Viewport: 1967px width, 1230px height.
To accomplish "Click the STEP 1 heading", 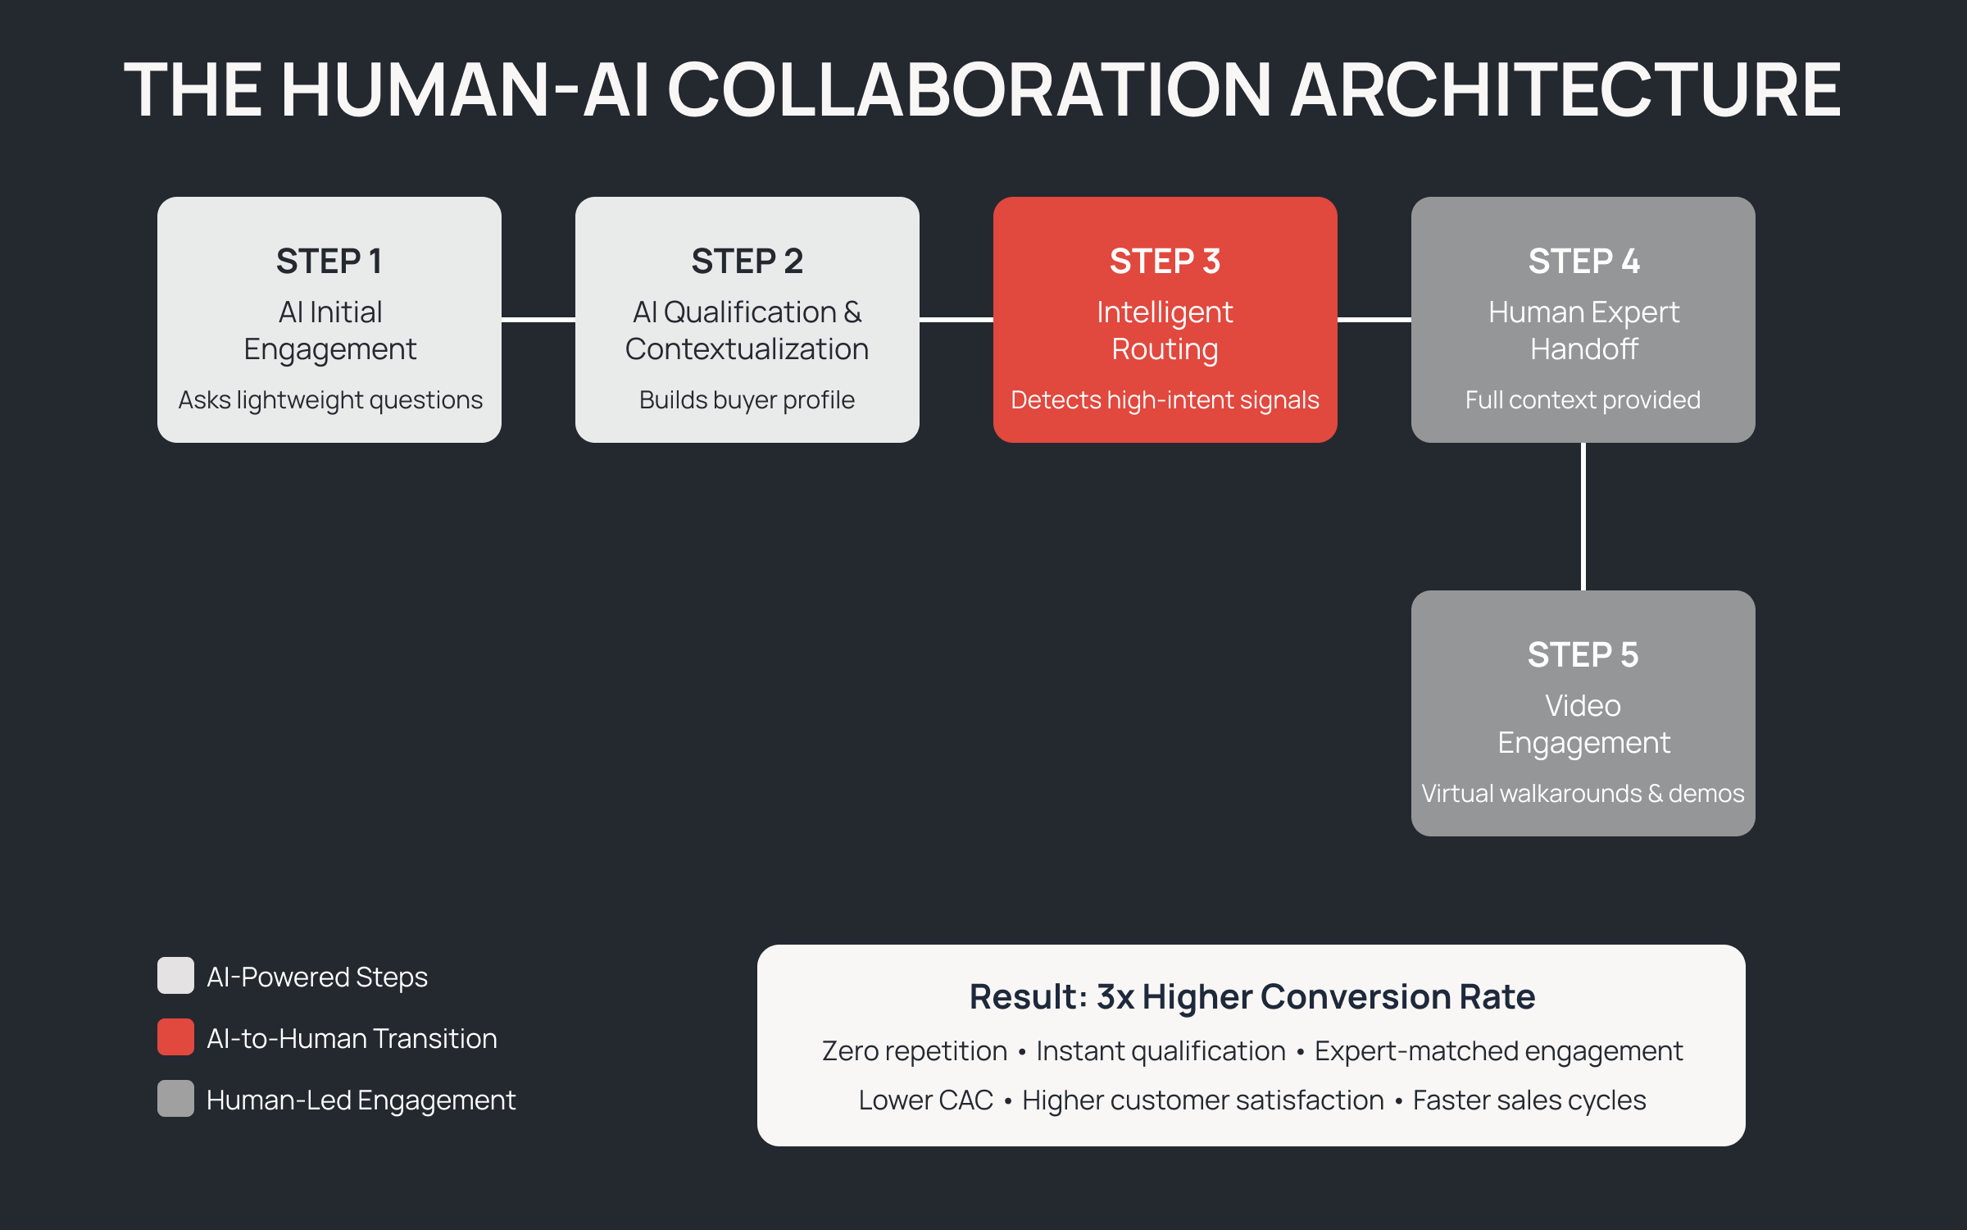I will pos(329,262).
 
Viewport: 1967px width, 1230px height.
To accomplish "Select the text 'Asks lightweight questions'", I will pos(329,400).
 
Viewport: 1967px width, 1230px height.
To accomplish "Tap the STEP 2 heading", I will pos(747,262).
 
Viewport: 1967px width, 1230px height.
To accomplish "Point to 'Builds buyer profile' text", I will pos(747,400).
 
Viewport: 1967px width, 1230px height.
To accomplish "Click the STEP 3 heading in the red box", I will pos(1165,262).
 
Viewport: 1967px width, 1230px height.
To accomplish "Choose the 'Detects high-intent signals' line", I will pos(1165,400).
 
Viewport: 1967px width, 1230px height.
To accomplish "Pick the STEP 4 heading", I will pos(1583,262).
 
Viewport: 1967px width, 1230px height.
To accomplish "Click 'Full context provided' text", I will pos(1583,400).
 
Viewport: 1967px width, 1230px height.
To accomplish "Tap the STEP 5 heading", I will pos(1583,655).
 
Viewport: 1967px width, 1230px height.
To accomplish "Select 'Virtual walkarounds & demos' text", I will pos(1583,794).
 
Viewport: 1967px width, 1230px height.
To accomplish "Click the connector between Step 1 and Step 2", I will pos(538,319).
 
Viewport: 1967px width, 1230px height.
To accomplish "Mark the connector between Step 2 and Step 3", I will pos(956,319).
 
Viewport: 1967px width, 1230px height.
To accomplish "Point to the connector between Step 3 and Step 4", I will pos(1374,319).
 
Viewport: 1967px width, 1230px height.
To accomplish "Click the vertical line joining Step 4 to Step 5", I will pos(1583,517).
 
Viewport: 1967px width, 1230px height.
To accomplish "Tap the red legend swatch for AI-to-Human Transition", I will pos(175,1037).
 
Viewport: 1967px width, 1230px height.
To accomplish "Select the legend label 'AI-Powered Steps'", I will pos(317,977).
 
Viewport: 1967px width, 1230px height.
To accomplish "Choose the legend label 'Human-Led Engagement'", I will pos(361,1100).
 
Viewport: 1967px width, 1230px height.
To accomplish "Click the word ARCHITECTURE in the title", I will pos(1565,90).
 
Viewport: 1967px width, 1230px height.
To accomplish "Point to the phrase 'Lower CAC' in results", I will pos(925,1100).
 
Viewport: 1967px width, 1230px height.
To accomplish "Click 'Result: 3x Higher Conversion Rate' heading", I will pos(1252,997).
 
